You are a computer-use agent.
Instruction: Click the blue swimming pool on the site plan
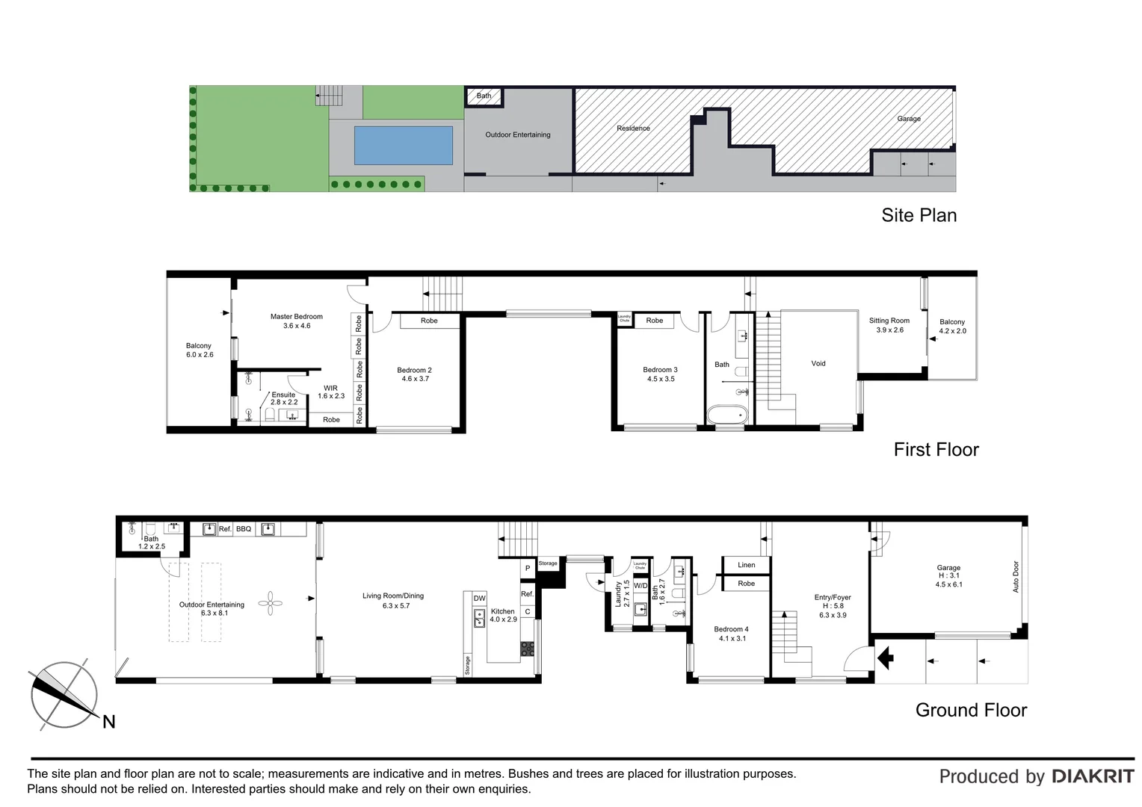click(403, 145)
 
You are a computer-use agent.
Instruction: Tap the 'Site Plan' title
click(919, 215)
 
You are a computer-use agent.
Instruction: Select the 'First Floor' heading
click(936, 449)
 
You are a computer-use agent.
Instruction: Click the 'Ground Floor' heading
click(971, 710)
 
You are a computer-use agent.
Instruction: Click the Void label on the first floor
click(818, 363)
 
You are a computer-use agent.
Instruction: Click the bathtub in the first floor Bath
click(726, 414)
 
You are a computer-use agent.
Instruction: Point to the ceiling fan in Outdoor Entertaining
click(270, 603)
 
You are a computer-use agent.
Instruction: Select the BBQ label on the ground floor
click(244, 529)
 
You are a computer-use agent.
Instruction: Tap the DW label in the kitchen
click(479, 599)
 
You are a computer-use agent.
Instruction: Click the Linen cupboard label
click(746, 565)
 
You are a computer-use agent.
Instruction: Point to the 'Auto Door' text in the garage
click(1016, 577)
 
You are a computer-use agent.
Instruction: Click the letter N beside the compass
click(109, 722)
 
